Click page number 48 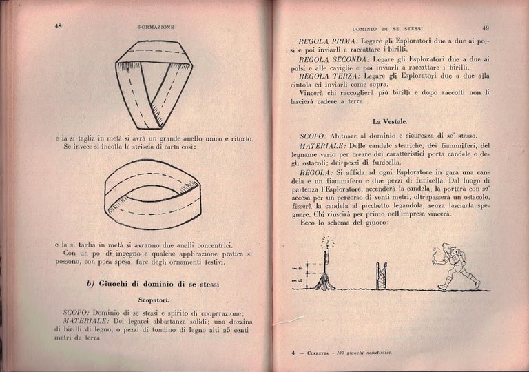click(59, 26)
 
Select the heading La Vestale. click(390, 120)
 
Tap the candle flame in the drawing click(326, 242)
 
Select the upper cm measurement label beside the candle click(298, 268)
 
